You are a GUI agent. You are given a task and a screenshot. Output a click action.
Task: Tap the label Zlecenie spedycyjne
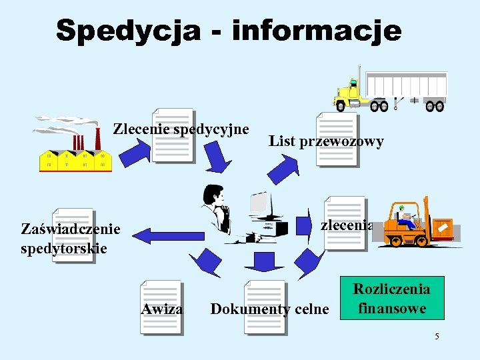[x=181, y=129]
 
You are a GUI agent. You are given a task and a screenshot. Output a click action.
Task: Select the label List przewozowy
[x=326, y=141]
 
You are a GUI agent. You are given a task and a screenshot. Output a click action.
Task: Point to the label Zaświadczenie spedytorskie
[x=71, y=239]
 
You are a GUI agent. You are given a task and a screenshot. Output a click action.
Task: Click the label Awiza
[x=162, y=309]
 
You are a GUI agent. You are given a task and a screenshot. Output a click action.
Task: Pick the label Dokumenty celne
[x=269, y=309]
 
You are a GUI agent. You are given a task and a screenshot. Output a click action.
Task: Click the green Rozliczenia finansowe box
[x=391, y=299]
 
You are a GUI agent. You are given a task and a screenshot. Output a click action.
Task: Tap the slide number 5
[x=437, y=336]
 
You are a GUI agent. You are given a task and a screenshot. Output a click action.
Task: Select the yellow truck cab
[x=349, y=94]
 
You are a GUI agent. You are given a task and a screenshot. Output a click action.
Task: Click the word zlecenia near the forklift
[x=346, y=225]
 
